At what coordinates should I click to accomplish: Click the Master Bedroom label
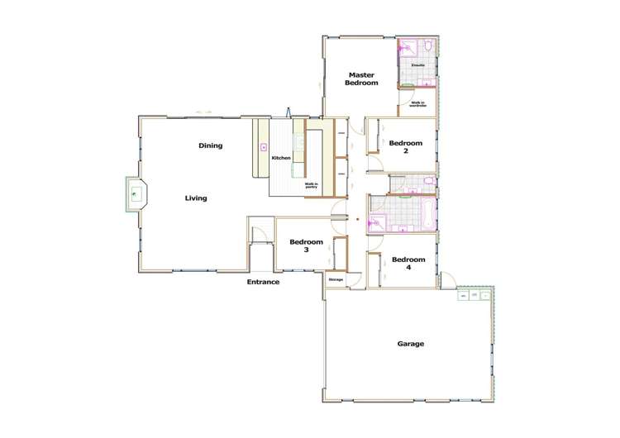tap(361, 79)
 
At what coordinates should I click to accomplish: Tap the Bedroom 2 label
tap(406, 147)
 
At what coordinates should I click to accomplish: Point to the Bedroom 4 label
tap(408, 263)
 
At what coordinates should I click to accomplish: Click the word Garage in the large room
tap(411, 344)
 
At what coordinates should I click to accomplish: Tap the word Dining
tap(211, 145)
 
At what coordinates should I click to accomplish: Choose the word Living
tap(196, 198)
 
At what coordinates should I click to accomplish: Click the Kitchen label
tap(281, 158)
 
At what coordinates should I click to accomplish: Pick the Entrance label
tap(263, 283)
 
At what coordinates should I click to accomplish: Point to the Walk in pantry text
tap(311, 185)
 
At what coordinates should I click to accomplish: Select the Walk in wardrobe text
tap(417, 104)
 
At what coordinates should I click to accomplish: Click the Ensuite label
tap(419, 64)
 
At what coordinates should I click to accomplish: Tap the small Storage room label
tap(336, 280)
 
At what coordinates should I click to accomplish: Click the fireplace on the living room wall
tap(135, 195)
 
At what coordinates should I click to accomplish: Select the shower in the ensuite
tap(408, 48)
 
